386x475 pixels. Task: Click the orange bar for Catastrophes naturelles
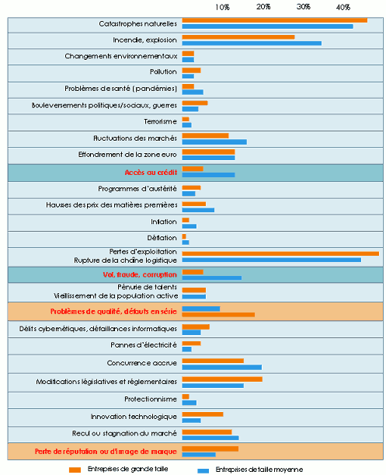click(274, 20)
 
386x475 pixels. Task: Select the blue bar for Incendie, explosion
click(251, 43)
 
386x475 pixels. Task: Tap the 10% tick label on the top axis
click(222, 6)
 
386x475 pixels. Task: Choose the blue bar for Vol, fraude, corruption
click(211, 278)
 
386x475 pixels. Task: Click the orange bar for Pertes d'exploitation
click(280, 253)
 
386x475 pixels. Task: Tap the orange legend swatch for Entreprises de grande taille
click(75, 470)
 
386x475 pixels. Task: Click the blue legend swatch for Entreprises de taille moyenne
click(203, 470)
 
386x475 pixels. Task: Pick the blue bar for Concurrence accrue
click(221, 367)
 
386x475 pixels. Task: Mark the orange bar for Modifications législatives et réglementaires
click(221, 379)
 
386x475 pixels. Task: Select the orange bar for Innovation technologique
click(202, 414)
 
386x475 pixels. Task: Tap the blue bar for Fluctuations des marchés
click(214, 141)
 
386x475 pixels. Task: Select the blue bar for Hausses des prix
click(197, 210)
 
